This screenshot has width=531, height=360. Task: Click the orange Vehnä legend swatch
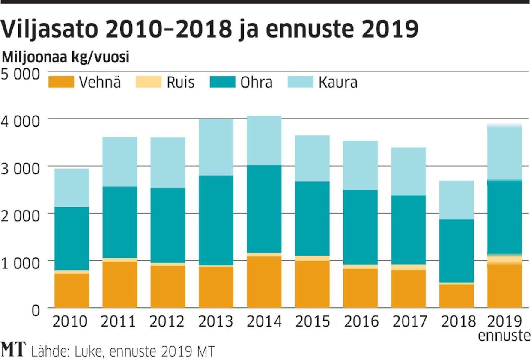(61, 82)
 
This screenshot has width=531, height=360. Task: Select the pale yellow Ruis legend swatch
(149, 82)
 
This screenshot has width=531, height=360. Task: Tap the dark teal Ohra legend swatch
(222, 82)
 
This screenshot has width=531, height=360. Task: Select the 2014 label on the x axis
(264, 321)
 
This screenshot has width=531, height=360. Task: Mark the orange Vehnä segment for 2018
(456, 295)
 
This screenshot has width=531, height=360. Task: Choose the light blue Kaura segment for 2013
(216, 147)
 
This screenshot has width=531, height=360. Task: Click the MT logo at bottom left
(14, 350)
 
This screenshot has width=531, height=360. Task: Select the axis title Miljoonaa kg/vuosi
(66, 57)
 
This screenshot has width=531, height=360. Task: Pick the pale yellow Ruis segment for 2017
(408, 267)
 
